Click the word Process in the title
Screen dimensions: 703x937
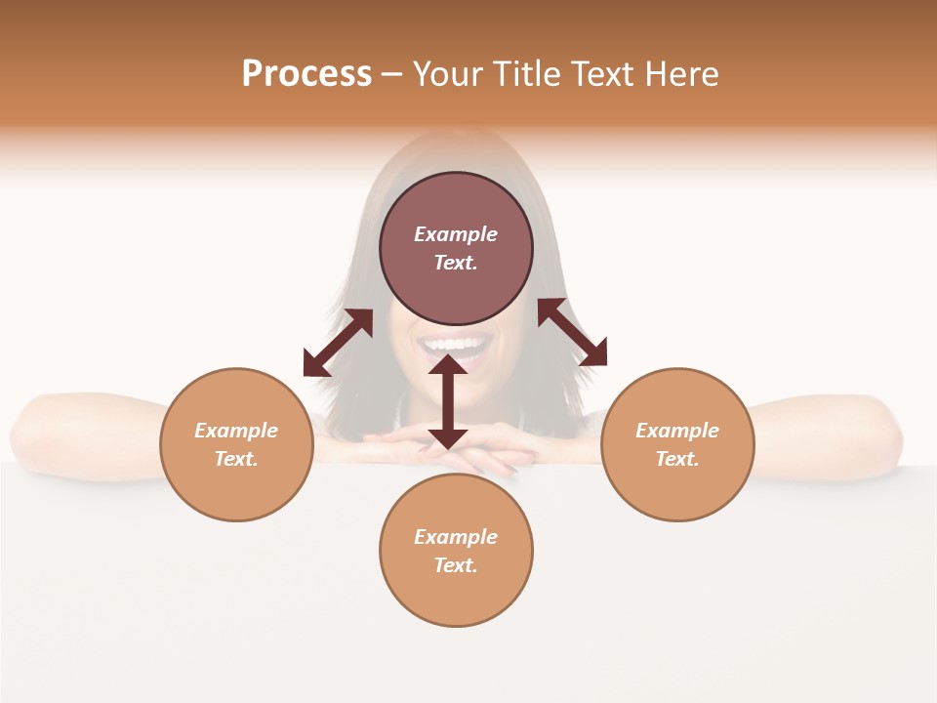click(x=306, y=74)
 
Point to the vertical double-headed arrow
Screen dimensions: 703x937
click(x=448, y=402)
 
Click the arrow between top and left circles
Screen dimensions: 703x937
click(x=338, y=343)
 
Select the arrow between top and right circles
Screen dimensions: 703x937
click(x=572, y=332)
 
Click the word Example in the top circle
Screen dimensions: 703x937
click(x=456, y=234)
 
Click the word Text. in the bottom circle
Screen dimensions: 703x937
click(x=456, y=565)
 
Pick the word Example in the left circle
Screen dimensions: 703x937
click(x=236, y=431)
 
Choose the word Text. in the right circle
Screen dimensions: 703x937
click(x=677, y=459)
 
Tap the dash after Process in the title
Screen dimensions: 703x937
click(x=391, y=74)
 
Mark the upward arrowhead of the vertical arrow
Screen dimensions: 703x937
click(x=448, y=365)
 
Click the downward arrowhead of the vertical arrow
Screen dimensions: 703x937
click(x=448, y=439)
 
